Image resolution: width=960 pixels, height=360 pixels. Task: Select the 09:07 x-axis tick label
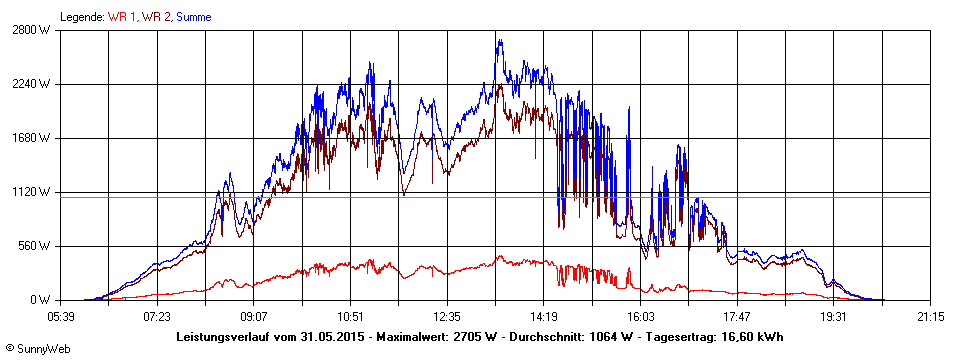(x=254, y=317)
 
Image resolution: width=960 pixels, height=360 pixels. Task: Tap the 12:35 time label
(x=447, y=317)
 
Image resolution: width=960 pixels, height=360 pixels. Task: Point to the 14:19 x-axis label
(x=543, y=317)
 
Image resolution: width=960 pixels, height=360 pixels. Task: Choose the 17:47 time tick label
(x=737, y=317)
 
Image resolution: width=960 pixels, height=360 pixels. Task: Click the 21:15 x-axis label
(x=930, y=317)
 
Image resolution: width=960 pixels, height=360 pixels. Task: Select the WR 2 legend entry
(x=156, y=17)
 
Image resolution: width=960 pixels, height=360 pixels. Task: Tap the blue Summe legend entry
(x=196, y=17)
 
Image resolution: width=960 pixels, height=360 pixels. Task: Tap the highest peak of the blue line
(x=499, y=40)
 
